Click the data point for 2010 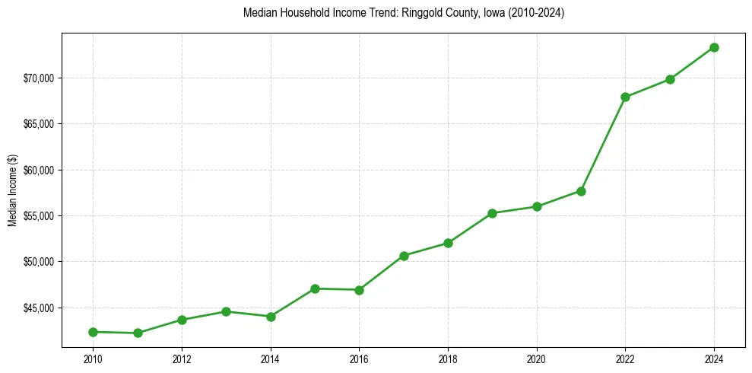pyautogui.click(x=93, y=332)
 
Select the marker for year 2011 pyautogui.click(x=138, y=333)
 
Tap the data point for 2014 pyautogui.click(x=271, y=317)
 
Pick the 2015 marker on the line pyautogui.click(x=315, y=289)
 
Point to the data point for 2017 pyautogui.click(x=404, y=256)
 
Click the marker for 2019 pyautogui.click(x=492, y=213)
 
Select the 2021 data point pyautogui.click(x=581, y=191)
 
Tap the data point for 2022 pyautogui.click(x=625, y=97)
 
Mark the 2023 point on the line pyautogui.click(x=670, y=79)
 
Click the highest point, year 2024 pyautogui.click(x=714, y=47)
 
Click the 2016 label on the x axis pyautogui.click(x=359, y=359)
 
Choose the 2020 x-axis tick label pyautogui.click(x=537, y=359)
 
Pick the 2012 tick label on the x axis pyautogui.click(x=182, y=359)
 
